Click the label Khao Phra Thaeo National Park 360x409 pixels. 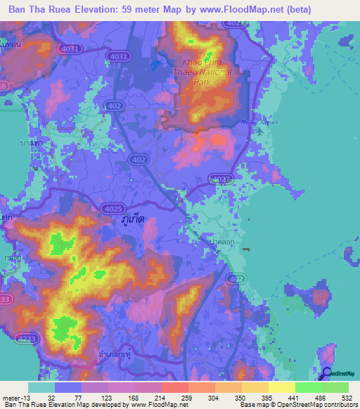click(201, 72)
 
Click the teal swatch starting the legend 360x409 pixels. click(41, 387)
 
